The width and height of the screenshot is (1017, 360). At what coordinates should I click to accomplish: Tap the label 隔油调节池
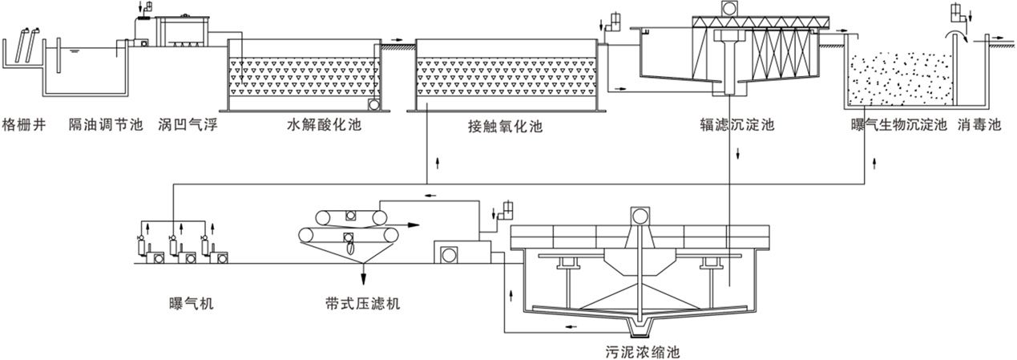(x=106, y=125)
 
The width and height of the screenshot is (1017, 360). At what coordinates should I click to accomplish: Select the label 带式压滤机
(x=358, y=303)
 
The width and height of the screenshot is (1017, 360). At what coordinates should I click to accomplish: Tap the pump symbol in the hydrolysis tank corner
(x=374, y=104)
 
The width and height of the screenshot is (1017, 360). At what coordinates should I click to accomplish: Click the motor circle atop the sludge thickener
(x=640, y=215)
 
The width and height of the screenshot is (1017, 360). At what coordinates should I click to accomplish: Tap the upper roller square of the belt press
(x=349, y=216)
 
